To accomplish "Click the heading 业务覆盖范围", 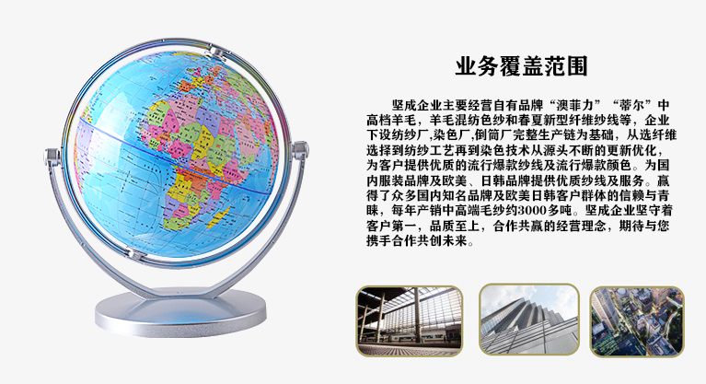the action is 521,66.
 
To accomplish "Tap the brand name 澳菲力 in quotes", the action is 576,106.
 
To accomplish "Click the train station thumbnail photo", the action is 410,320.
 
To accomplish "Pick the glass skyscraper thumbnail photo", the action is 529,320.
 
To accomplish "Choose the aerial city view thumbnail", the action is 637,321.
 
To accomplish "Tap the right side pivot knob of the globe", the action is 299,149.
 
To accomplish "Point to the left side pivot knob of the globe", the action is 52,157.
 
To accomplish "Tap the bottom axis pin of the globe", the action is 135,256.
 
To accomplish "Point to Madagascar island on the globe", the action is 219,217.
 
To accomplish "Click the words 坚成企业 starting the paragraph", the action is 411,106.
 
